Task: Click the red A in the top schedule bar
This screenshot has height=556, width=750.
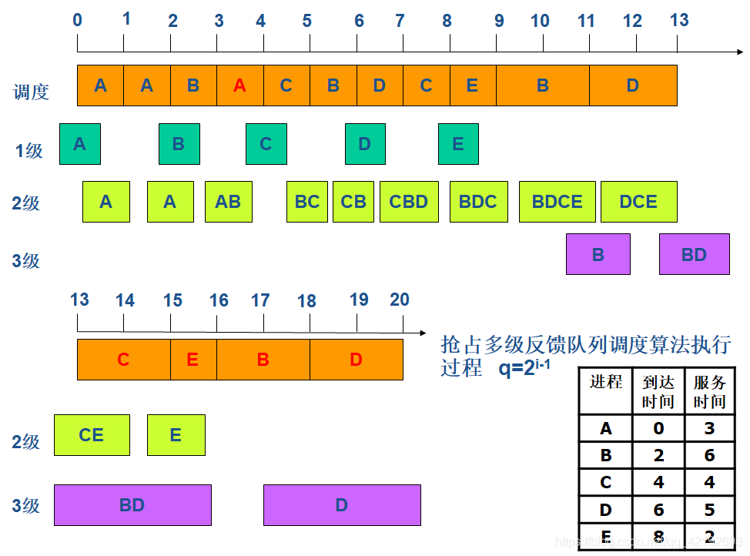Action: (240, 85)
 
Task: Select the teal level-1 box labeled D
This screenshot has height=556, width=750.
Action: (365, 144)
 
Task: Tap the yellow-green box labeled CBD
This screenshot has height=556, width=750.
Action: (409, 202)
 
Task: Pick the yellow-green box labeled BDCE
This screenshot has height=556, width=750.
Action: (557, 202)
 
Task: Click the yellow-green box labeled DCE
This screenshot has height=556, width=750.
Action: (638, 202)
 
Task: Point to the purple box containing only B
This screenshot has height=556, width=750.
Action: (598, 255)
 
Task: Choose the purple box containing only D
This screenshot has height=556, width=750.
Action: (342, 505)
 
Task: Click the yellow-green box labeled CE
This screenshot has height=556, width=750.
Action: (92, 435)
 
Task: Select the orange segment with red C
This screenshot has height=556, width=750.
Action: (124, 360)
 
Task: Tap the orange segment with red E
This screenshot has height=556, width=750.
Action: (193, 360)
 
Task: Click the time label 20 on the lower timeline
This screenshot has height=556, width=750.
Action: (400, 300)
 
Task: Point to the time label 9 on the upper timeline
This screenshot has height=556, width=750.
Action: (499, 21)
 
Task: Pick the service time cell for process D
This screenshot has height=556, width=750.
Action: (709, 509)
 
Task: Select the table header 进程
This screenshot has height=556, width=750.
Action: (606, 382)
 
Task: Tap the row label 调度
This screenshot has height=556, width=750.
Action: (32, 92)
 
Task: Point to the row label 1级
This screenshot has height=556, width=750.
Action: (29, 151)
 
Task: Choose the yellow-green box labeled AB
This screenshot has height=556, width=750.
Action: (228, 202)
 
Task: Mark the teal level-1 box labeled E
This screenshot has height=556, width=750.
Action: (458, 144)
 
